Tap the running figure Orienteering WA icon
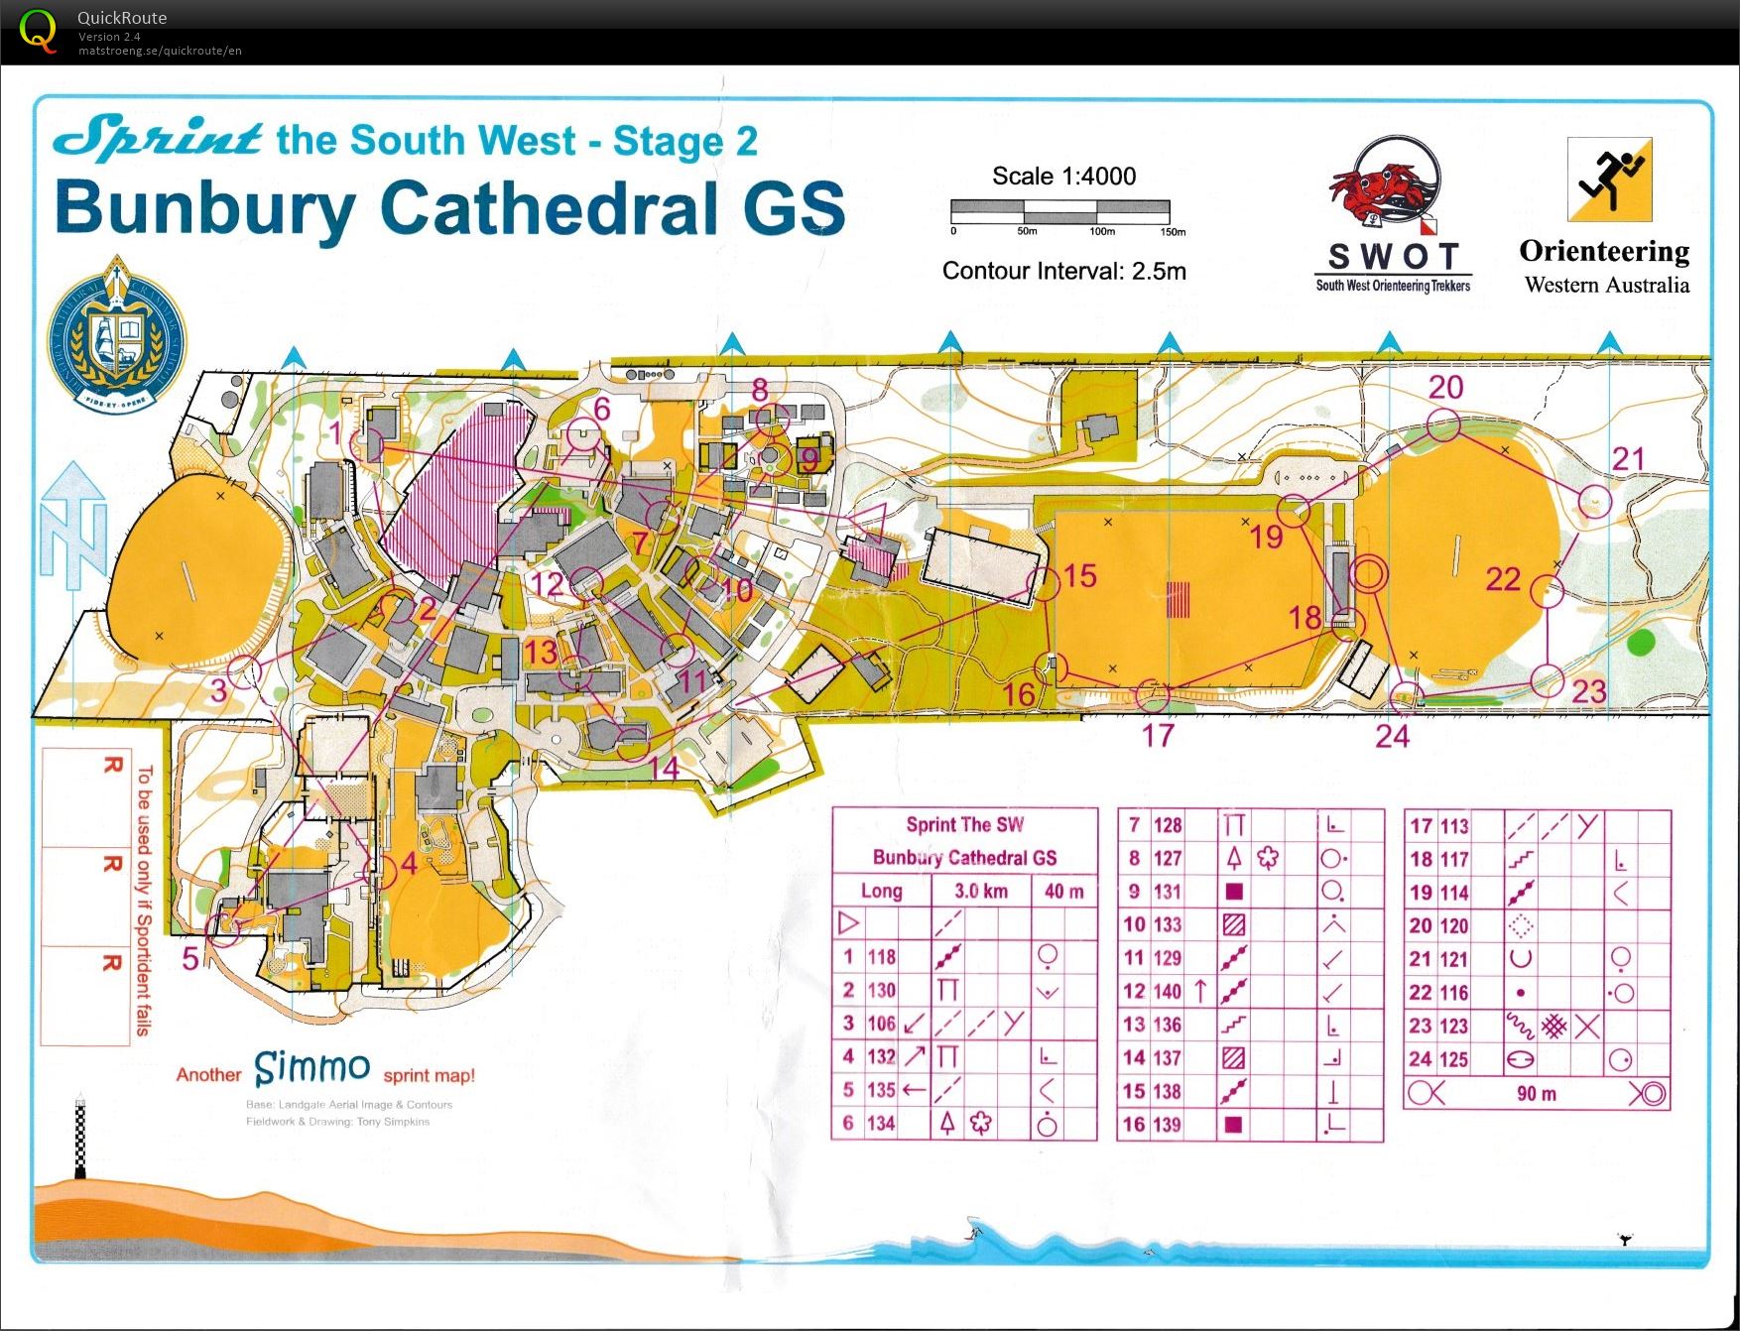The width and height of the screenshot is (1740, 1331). point(1609,180)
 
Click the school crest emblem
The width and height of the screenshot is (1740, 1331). point(117,332)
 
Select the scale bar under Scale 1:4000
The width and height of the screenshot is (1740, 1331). point(1059,210)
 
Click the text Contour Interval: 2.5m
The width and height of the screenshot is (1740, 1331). point(1063,271)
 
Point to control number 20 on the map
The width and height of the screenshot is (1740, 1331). point(1445,388)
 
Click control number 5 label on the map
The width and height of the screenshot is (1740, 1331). point(190,958)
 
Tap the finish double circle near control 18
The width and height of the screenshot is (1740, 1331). point(1368,573)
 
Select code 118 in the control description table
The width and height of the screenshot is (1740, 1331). point(881,957)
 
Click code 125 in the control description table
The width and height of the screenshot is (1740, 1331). point(1453,1059)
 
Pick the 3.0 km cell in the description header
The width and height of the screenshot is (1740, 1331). point(980,891)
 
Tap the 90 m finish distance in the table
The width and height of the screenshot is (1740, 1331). point(1536,1094)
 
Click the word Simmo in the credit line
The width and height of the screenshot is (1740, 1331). point(311,1068)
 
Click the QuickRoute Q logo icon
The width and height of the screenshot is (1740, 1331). point(38,31)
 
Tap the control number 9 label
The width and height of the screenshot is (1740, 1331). point(808,459)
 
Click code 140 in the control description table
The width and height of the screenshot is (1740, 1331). point(1167,991)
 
